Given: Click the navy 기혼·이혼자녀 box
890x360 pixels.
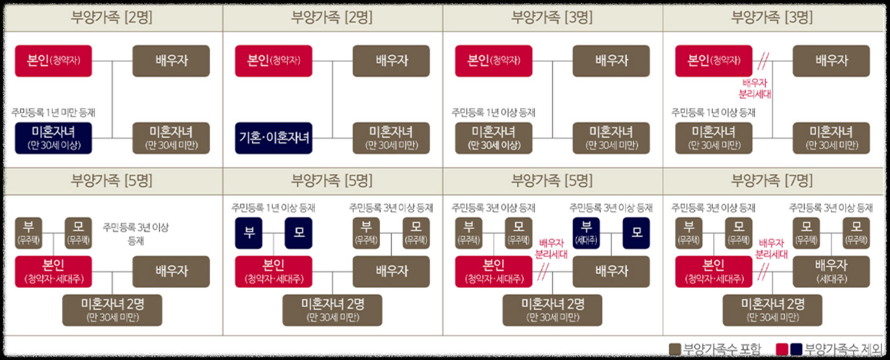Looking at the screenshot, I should click(273, 138).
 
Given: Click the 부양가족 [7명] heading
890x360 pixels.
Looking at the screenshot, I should click(771, 181).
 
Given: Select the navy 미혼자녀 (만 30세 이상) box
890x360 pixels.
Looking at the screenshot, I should click(53, 138).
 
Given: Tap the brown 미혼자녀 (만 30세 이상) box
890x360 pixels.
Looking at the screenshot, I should click(493, 138).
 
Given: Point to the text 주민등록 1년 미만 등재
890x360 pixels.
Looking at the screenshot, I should click(53, 112).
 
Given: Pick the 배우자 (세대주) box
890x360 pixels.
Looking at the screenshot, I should click(831, 271).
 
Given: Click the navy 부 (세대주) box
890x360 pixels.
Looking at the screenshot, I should click(586, 233).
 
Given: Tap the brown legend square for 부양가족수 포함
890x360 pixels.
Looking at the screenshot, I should click(675, 349).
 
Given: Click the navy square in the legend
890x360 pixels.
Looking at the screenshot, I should click(796, 349).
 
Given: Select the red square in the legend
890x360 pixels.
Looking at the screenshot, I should click(781, 349).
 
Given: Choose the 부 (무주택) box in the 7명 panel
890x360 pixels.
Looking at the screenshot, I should click(689, 233).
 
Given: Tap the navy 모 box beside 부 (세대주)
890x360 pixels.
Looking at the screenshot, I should click(636, 233).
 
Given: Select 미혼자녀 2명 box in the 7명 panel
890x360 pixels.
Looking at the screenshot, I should click(772, 310).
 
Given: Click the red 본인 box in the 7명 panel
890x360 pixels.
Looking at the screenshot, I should click(713, 271).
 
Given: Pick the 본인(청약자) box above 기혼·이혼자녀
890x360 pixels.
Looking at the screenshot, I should click(273, 61).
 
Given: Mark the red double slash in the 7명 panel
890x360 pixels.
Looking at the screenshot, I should click(762, 272).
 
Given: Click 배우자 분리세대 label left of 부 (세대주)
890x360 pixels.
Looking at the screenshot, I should click(551, 248).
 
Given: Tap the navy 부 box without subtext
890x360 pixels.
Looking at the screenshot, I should click(249, 233).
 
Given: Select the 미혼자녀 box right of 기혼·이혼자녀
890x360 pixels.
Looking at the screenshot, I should click(391, 138).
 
